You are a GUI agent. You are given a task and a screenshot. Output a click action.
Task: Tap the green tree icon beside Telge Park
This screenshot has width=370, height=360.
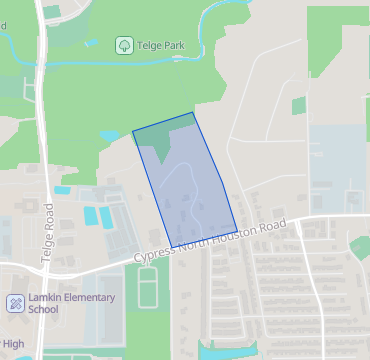123,45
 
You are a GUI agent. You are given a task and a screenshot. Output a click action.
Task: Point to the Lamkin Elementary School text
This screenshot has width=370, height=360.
71,303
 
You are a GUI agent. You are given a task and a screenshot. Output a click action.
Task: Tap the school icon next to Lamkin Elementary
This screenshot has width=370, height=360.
15,303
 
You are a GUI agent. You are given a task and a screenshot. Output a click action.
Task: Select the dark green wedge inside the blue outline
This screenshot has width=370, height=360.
160,141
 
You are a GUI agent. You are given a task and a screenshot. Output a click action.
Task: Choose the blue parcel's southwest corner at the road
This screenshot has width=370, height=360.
171,247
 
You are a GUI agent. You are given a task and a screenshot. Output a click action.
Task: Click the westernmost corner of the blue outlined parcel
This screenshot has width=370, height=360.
133,132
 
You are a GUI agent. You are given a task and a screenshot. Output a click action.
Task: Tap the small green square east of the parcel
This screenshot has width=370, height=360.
299,104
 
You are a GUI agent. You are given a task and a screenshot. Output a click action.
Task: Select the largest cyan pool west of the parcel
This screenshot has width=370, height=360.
92,215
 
